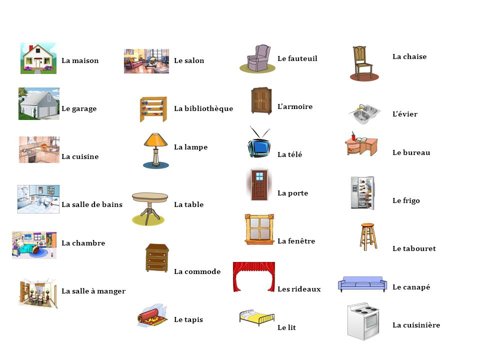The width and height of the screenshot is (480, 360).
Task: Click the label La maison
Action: coord(80,60)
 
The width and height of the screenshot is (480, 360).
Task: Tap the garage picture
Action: coord(38,104)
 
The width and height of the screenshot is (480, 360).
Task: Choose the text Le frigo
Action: coord(406,200)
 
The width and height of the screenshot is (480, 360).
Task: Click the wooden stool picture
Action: coord(367,237)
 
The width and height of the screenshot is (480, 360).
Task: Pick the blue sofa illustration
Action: coord(362,284)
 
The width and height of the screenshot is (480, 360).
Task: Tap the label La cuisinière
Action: coord(416,325)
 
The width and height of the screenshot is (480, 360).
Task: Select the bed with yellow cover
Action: coord(256,317)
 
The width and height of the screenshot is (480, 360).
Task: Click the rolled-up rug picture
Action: coord(152,316)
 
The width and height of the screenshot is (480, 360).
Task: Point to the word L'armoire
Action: coord(295,106)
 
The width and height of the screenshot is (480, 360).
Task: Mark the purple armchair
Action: coord(258,58)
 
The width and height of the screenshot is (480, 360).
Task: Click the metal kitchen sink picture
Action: coord(363,114)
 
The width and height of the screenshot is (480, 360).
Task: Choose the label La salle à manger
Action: coord(93,291)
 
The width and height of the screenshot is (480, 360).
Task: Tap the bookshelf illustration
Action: coord(153,109)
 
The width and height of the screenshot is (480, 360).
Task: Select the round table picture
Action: coord(150,207)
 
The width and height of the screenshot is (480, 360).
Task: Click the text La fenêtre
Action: coord(296,241)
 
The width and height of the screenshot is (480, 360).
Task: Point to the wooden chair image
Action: coord(363,62)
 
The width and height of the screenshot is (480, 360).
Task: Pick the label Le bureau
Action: coord(411,152)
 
